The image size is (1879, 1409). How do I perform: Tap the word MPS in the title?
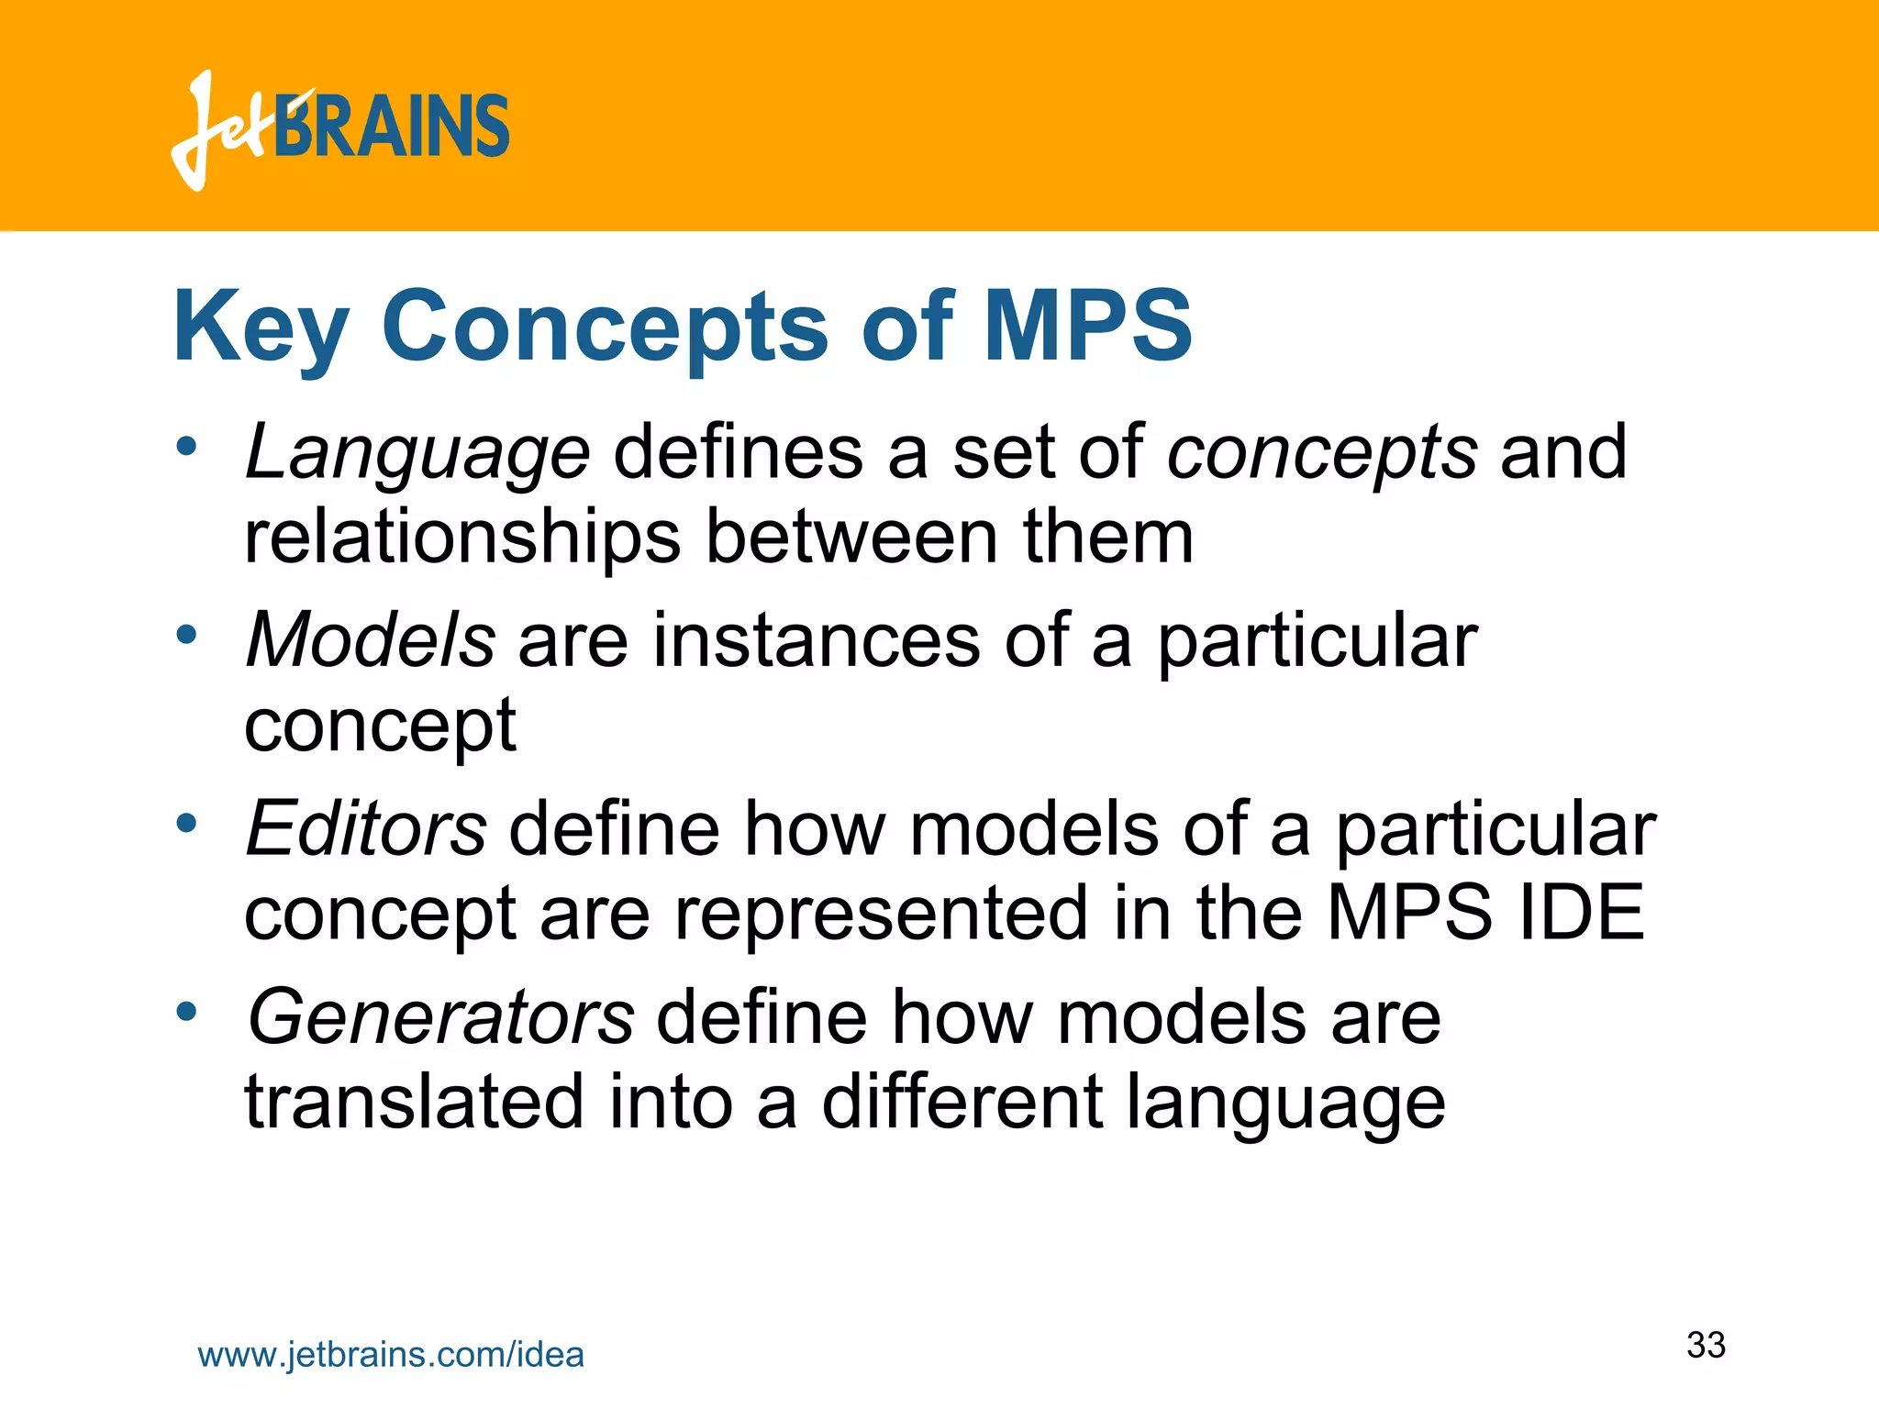tap(1087, 326)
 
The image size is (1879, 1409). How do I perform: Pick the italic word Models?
tap(371, 640)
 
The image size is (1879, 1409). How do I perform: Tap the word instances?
tap(817, 640)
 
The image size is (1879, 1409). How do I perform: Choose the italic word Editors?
tap(366, 829)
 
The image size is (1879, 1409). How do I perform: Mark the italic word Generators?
tap(440, 1017)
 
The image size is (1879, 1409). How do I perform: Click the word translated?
tap(414, 1102)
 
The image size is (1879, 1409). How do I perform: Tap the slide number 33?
tap(1706, 1346)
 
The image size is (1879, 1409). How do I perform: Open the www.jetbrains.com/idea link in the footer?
tap(391, 1355)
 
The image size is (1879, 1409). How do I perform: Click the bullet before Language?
tap(187, 447)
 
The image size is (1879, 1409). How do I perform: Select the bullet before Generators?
tap(187, 1012)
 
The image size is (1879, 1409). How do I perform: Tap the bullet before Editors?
tap(187, 823)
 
